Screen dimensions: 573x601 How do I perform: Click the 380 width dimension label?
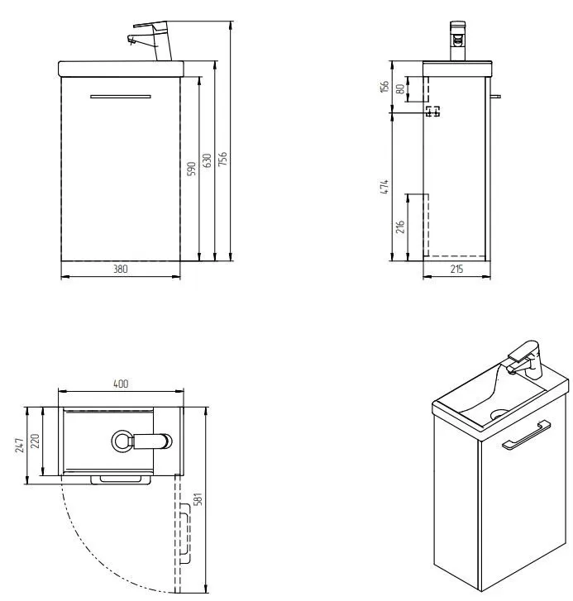tap(121, 269)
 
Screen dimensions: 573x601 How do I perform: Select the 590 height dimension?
tap(191, 169)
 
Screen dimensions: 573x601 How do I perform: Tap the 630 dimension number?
tap(207, 160)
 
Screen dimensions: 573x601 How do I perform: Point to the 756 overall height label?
tap(222, 159)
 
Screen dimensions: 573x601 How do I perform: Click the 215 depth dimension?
tap(457, 269)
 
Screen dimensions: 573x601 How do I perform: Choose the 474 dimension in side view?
tap(384, 186)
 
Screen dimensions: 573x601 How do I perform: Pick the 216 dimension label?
tap(400, 227)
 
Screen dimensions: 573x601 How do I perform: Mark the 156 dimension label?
tap(384, 86)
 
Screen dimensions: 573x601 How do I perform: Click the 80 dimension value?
tap(400, 89)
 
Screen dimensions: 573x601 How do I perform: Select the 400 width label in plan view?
tap(121, 384)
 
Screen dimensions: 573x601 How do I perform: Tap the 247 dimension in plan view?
tap(20, 446)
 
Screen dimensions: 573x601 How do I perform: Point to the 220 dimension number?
tap(35, 441)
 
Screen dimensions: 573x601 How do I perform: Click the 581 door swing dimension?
tap(198, 499)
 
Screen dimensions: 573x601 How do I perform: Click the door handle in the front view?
tap(121, 97)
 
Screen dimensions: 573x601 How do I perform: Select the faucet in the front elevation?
tap(152, 41)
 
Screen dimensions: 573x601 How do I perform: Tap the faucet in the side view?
tap(457, 41)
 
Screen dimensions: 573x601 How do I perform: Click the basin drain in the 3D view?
tap(499, 413)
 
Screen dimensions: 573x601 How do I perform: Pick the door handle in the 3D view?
tap(526, 436)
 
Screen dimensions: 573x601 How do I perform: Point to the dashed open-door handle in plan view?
tap(185, 533)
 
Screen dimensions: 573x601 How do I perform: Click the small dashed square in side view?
tap(432, 111)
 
